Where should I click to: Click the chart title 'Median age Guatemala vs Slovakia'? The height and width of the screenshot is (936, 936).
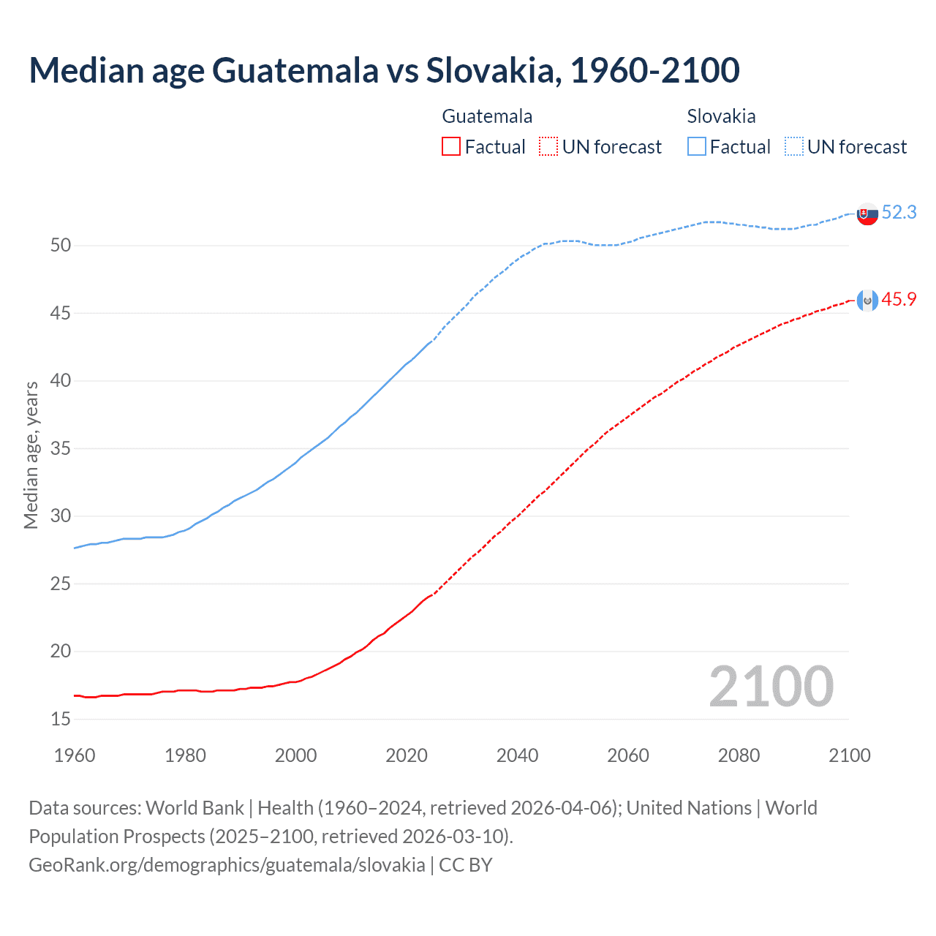[384, 70]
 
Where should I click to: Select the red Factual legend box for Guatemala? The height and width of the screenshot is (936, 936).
[451, 147]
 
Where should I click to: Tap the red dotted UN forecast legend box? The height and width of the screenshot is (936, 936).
[548, 147]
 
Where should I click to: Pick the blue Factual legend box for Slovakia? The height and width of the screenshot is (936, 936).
[697, 147]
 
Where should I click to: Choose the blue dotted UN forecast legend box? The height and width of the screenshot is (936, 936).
[794, 147]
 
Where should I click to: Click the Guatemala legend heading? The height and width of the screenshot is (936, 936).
[487, 116]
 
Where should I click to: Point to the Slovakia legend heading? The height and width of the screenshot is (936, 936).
[721, 116]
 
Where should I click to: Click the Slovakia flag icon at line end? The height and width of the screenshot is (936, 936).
[867, 214]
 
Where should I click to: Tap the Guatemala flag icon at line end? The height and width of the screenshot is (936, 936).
[867, 301]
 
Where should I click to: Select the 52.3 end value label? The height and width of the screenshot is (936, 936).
[899, 213]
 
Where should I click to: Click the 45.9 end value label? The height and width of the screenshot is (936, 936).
[899, 300]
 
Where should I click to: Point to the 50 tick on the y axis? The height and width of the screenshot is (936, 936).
[61, 246]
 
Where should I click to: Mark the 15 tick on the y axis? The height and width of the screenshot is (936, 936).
[61, 720]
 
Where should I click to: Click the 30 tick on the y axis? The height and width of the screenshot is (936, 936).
[61, 516]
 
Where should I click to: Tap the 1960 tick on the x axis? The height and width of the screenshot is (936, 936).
[75, 755]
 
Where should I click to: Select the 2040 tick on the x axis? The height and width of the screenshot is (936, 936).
[518, 755]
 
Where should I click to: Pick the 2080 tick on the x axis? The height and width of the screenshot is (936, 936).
[739, 755]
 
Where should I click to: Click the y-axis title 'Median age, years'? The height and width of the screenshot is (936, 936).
[31, 455]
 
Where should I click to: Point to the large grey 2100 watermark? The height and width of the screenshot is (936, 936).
[771, 687]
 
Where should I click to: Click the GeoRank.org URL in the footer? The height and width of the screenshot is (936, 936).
[227, 865]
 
